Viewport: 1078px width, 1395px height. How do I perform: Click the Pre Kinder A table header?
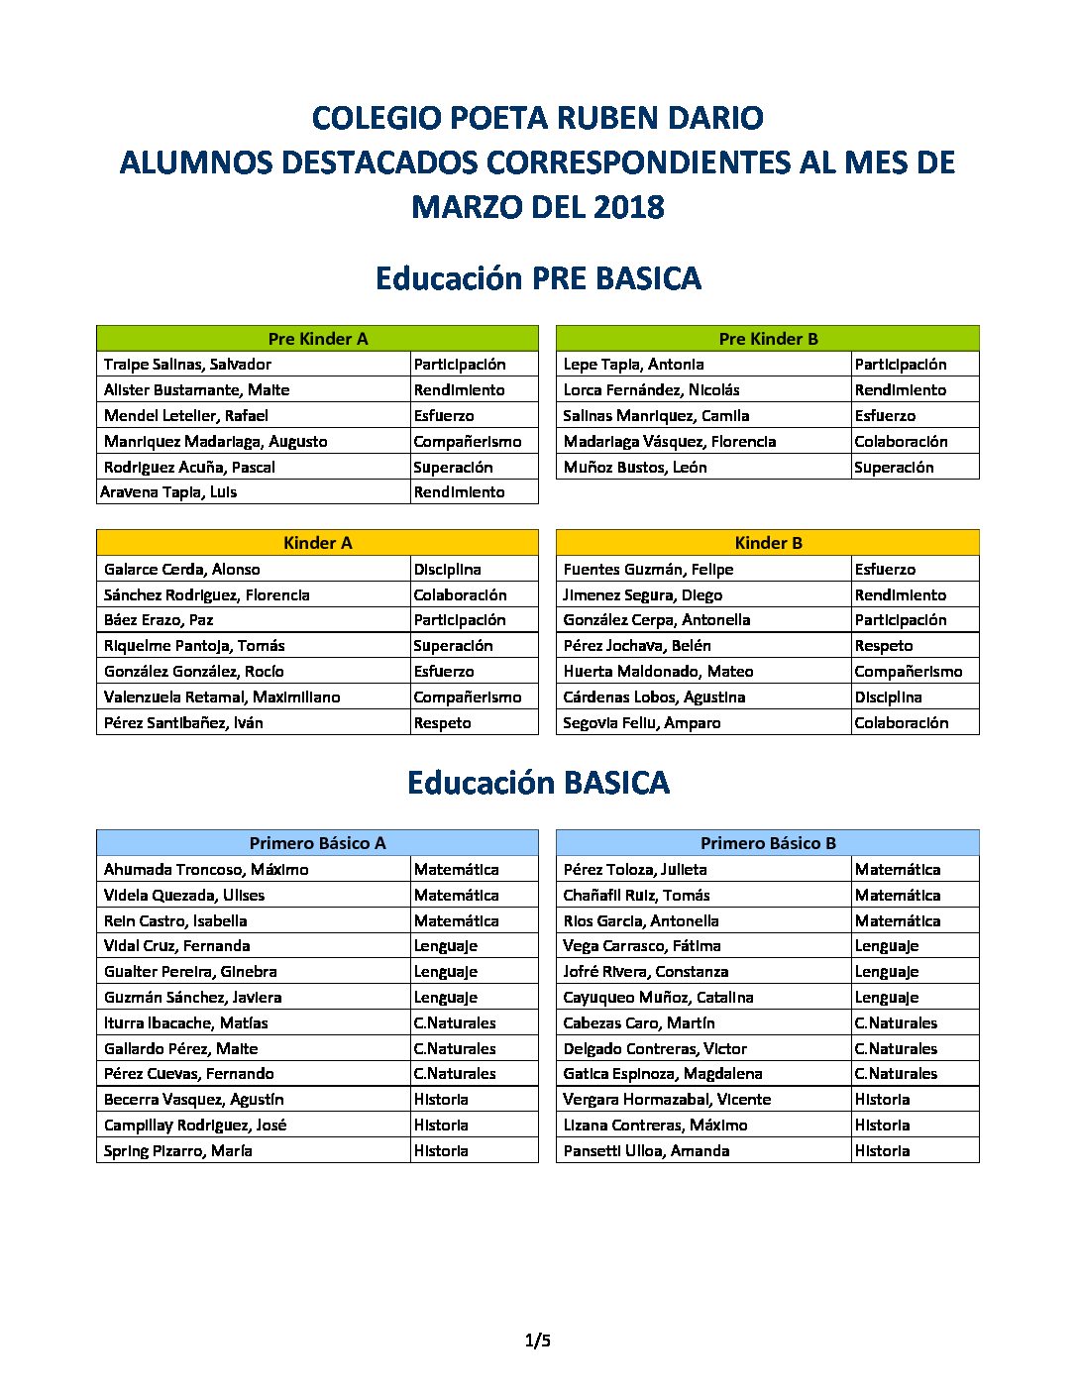(x=317, y=339)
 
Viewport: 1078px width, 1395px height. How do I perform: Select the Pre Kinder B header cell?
(x=768, y=339)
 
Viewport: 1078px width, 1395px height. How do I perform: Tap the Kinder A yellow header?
(x=317, y=543)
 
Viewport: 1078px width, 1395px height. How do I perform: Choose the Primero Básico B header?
(x=768, y=843)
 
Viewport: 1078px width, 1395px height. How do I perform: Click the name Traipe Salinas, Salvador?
(x=187, y=365)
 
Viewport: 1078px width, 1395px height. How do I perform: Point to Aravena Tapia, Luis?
(x=168, y=492)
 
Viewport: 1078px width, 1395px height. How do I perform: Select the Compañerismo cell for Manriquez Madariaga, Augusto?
(x=468, y=442)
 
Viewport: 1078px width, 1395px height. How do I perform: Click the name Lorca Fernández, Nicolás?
(x=651, y=390)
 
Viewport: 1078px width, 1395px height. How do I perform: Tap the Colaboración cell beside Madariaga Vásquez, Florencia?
(x=901, y=442)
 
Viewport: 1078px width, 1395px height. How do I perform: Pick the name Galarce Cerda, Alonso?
(x=182, y=570)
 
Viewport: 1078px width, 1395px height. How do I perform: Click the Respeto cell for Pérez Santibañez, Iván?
(x=443, y=723)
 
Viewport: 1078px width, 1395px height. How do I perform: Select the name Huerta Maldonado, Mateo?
(x=658, y=672)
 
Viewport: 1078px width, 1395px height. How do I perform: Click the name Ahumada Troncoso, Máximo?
(x=206, y=870)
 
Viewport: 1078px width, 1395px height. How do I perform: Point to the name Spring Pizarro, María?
(x=178, y=1151)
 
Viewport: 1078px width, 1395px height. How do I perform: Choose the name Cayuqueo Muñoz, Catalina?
(x=658, y=998)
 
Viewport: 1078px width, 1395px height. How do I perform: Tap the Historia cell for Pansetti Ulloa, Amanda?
(x=882, y=1151)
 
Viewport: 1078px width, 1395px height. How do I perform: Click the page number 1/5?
(x=538, y=1341)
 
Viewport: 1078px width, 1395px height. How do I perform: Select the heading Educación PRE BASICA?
(x=538, y=278)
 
